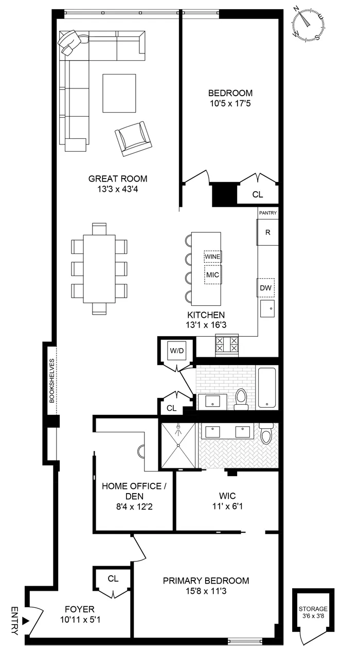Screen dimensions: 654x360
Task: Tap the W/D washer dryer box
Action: (176, 351)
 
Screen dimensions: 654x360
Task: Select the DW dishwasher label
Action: (266, 288)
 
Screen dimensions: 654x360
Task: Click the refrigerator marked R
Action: (267, 232)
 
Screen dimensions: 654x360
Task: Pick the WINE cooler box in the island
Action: (212, 256)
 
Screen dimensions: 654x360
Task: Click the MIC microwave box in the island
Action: (212, 275)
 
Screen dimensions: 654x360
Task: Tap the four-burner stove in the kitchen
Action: (226, 343)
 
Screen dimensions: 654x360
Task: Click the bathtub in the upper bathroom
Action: (267, 387)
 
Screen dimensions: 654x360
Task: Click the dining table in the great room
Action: (99, 268)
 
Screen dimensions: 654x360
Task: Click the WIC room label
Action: (227, 496)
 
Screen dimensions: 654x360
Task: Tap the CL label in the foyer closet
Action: (113, 578)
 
